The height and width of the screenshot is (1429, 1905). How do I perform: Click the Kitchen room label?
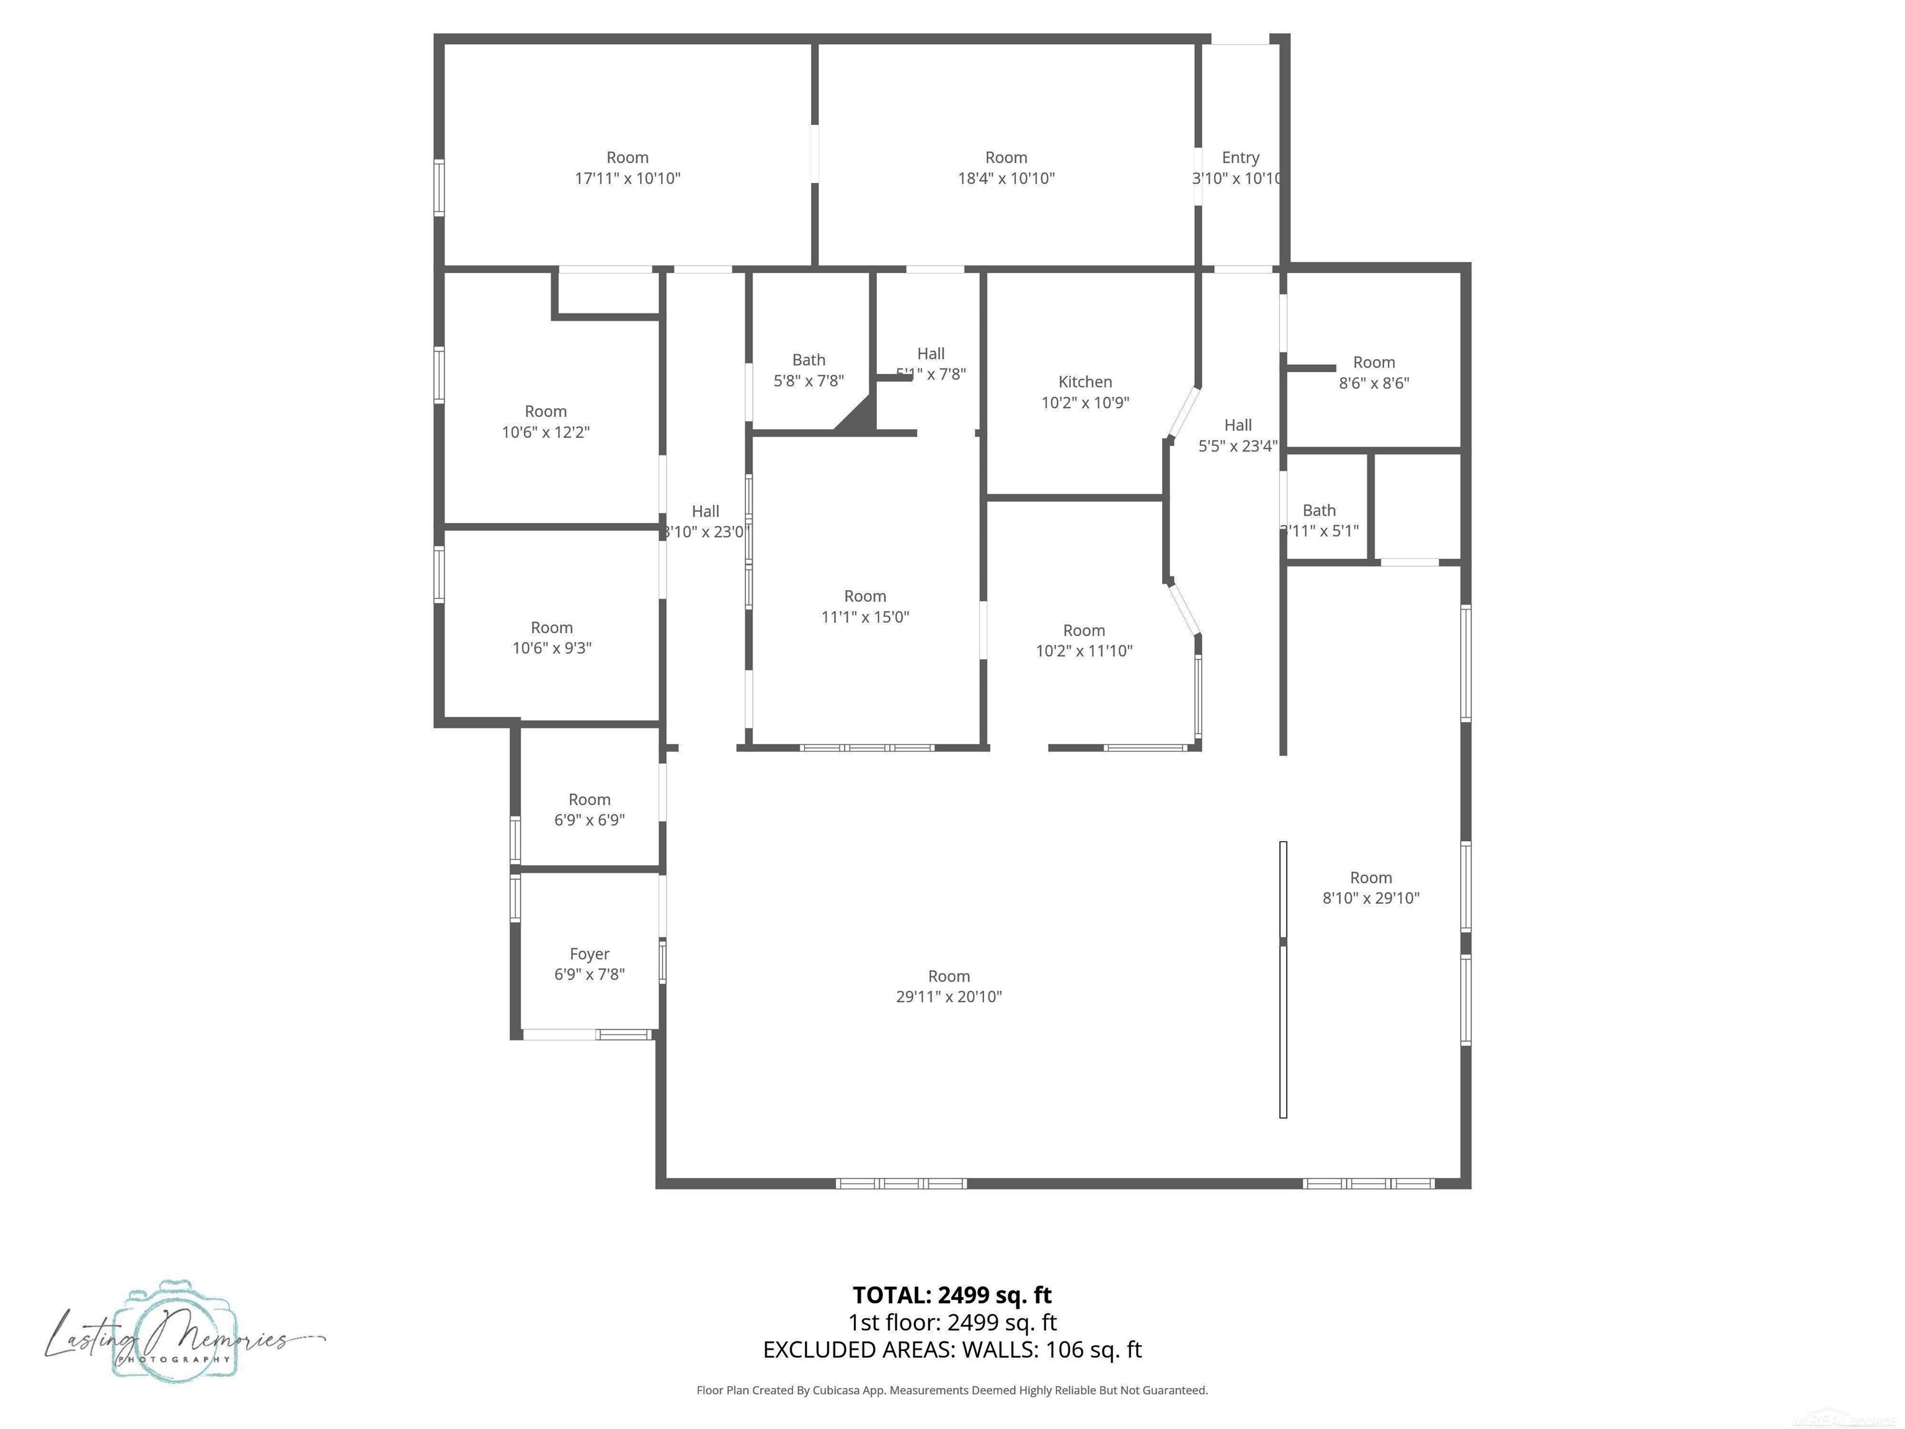(1084, 381)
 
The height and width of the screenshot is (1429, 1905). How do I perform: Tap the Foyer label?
(589, 953)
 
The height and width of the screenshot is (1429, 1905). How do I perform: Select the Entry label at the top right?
(1240, 158)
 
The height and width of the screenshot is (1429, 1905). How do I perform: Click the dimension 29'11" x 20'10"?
(948, 997)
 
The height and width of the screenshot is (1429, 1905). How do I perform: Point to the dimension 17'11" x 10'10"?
(627, 178)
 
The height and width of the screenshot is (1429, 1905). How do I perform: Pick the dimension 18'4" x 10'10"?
(1006, 178)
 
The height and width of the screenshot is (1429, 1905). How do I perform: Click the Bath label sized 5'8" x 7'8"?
(808, 360)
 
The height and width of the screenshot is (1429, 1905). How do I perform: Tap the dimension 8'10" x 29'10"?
(1370, 897)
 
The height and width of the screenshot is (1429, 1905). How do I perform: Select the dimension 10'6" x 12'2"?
(545, 432)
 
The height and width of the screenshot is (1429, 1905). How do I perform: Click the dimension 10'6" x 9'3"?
(551, 648)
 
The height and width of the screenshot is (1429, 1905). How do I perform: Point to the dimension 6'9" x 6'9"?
(589, 820)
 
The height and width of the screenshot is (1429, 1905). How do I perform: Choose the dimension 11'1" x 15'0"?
(864, 617)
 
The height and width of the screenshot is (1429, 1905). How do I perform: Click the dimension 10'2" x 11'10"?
(1083, 651)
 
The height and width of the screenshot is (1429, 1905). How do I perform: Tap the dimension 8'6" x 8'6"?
(1374, 383)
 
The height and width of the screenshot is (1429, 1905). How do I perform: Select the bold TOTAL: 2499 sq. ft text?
(952, 1294)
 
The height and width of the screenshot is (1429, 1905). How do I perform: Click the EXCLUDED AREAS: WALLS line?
(952, 1349)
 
